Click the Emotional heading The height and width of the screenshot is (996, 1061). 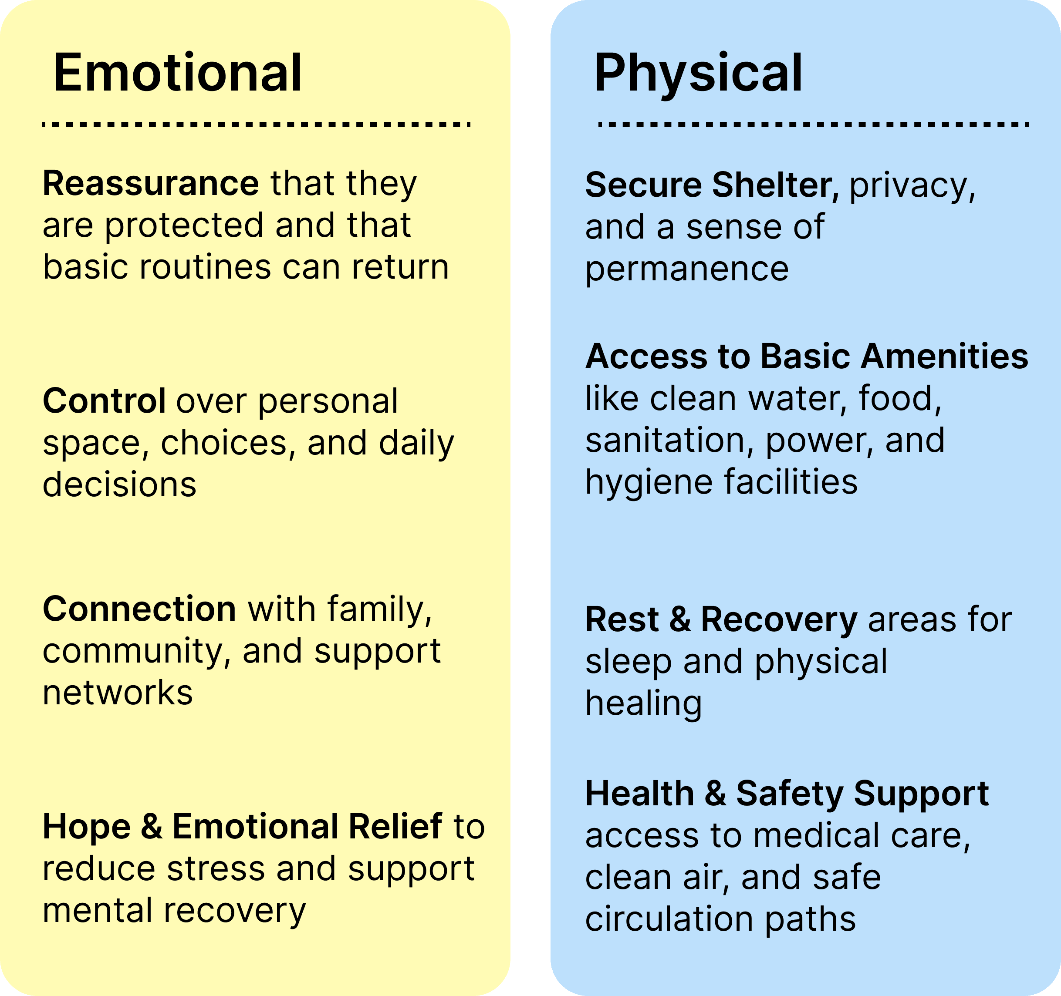(x=178, y=73)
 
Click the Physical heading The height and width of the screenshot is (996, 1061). (x=698, y=73)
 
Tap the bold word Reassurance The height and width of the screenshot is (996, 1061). (x=151, y=184)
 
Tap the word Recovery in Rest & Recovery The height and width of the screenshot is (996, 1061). (x=779, y=619)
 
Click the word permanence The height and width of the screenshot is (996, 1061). (x=687, y=269)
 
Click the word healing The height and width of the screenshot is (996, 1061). (x=644, y=703)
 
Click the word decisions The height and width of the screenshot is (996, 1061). (x=119, y=485)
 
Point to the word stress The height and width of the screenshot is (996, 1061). (x=216, y=868)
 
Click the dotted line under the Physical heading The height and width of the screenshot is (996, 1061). (x=813, y=124)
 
